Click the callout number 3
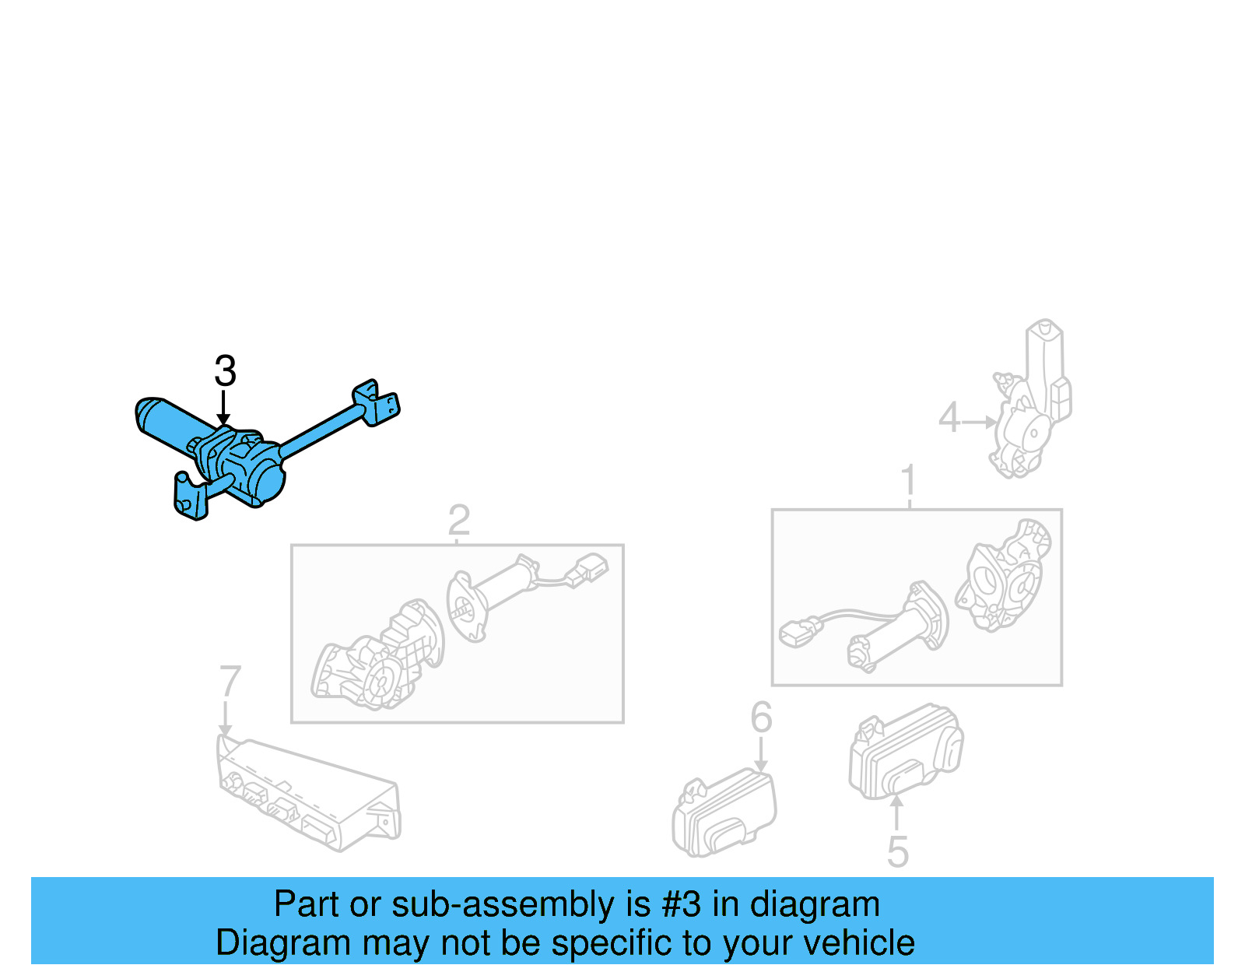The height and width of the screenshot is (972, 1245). pos(225,371)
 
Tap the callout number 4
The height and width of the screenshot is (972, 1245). pos(949,418)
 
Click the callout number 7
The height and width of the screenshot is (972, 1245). pos(230,682)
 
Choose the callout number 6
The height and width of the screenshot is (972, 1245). pos(761,718)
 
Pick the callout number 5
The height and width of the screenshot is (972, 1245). pos(897,852)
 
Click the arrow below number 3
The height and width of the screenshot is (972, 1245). pos(223,408)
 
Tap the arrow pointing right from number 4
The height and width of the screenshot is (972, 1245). pos(980,422)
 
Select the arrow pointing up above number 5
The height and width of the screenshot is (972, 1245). pos(896,812)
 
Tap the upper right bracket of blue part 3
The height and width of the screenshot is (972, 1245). pos(378,402)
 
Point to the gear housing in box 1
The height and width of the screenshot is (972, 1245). pos(1004,576)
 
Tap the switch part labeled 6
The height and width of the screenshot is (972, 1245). pos(724,813)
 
